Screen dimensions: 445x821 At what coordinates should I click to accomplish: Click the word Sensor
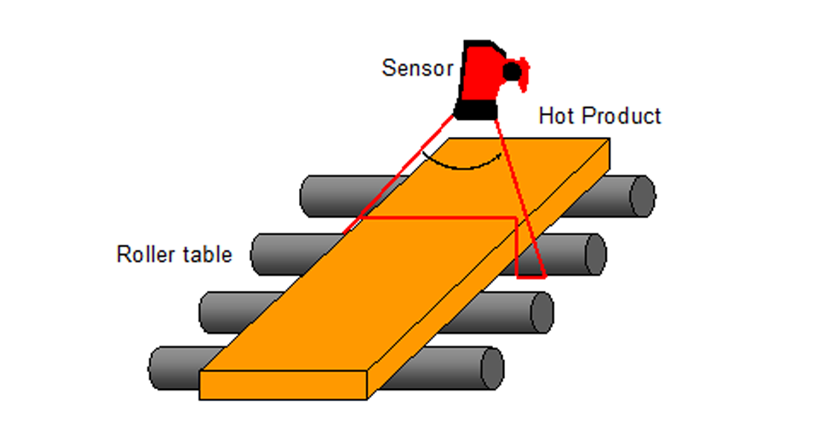point(417,68)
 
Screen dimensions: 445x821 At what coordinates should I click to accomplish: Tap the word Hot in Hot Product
point(556,116)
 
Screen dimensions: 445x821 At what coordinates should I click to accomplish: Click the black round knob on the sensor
point(512,71)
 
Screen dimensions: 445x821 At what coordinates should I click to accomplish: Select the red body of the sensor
point(483,74)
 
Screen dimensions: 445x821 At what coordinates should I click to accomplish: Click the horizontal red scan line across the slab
point(439,218)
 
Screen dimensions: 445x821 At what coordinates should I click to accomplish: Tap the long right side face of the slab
point(491,268)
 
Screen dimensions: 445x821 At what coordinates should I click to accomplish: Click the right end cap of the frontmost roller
point(492,368)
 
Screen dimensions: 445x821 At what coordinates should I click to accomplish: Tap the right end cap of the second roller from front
point(541,312)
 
